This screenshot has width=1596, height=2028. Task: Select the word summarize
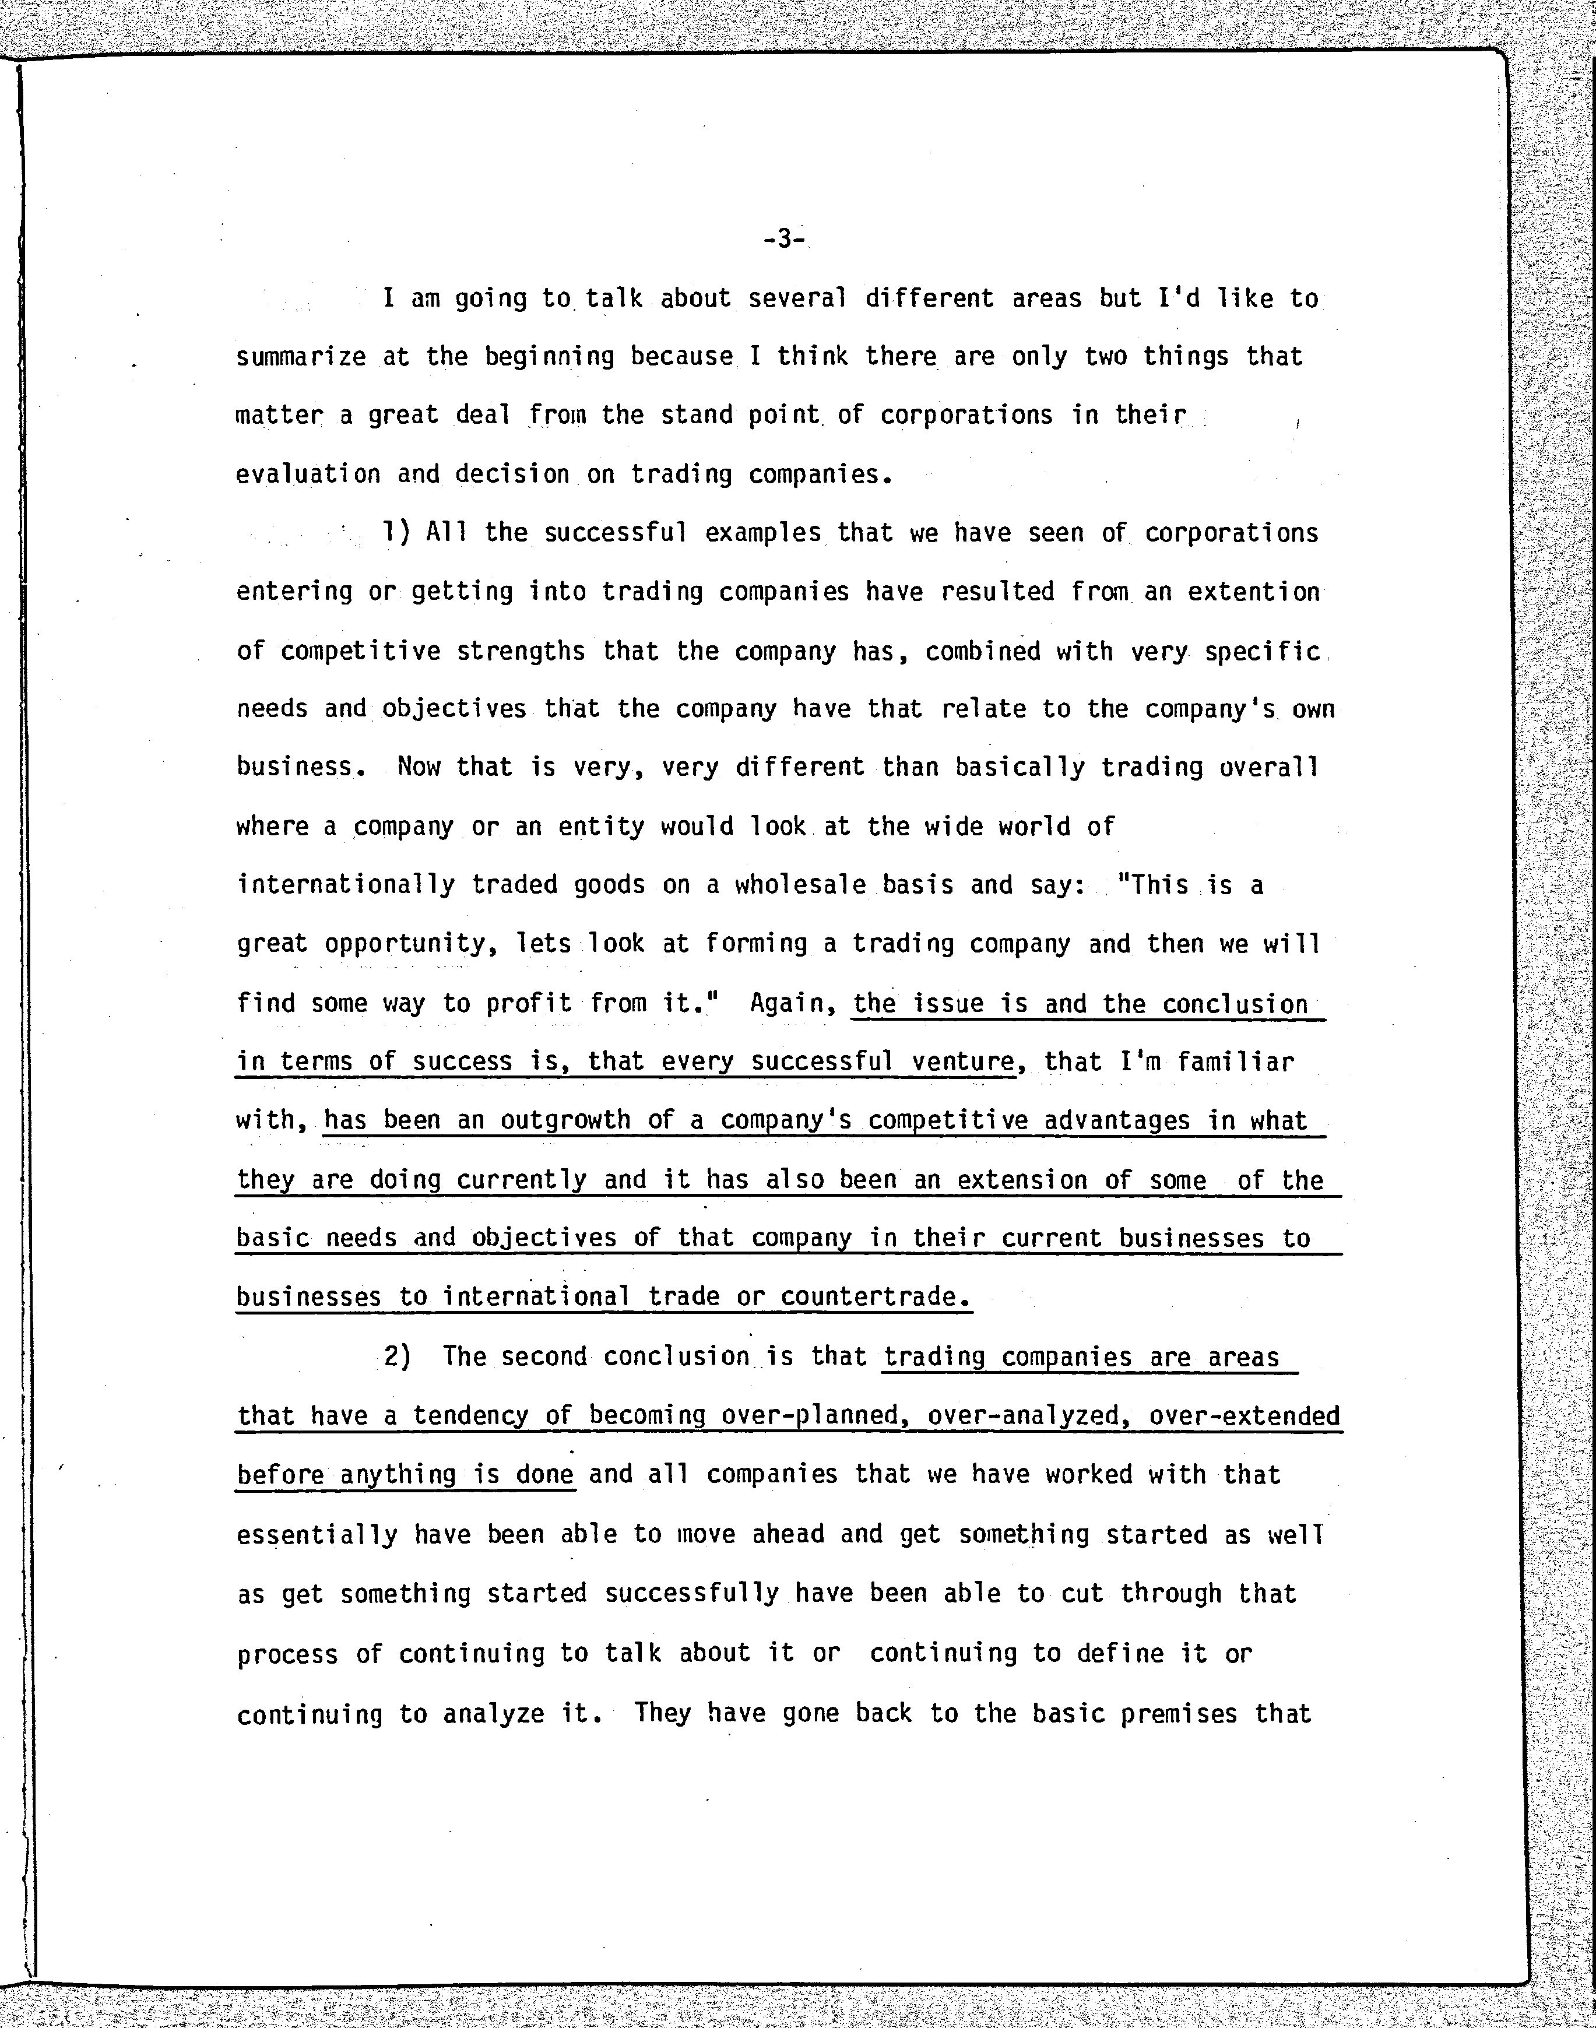point(300,357)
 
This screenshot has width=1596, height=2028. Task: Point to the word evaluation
point(307,474)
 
